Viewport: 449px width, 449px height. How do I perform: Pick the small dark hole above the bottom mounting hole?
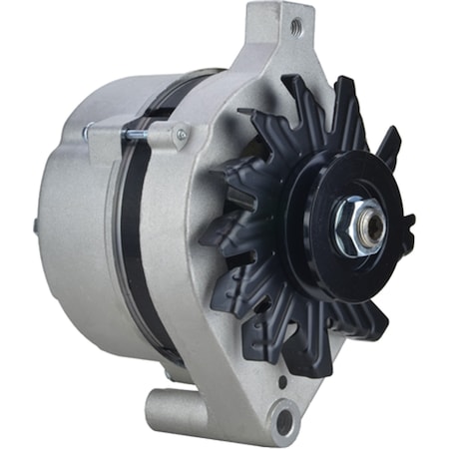(282, 381)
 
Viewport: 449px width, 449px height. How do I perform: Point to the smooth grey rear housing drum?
(80, 229)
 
